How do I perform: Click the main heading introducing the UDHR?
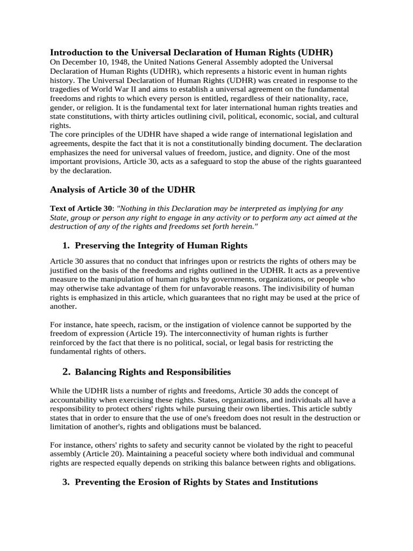pyautogui.click(x=191, y=52)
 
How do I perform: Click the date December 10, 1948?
pyautogui.click(x=94, y=62)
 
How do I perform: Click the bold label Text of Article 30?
pyautogui.click(x=81, y=208)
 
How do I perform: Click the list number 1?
pyautogui.click(x=66, y=245)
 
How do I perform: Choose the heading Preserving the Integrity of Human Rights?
pyautogui.click(x=161, y=245)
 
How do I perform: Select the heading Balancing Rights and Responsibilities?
pyautogui.click(x=153, y=372)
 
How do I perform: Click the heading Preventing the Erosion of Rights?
pyautogui.click(x=196, y=482)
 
